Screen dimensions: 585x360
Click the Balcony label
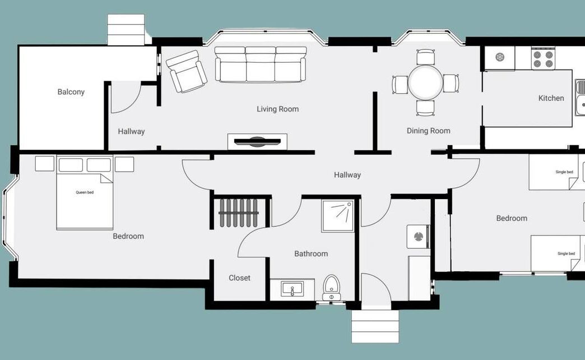click(x=71, y=92)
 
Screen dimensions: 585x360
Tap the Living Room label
click(x=277, y=109)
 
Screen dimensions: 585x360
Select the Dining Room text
click(x=428, y=131)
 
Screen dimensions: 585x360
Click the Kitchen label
click(x=551, y=98)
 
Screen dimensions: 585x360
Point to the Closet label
click(x=239, y=278)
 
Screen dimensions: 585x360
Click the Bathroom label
click(x=311, y=254)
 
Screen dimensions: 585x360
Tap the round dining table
click(x=425, y=82)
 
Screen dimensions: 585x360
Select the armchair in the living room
click(x=186, y=71)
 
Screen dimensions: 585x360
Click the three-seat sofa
click(x=261, y=64)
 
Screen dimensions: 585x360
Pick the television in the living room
click(x=257, y=141)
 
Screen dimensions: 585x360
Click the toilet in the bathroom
click(x=331, y=288)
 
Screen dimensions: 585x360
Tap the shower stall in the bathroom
click(x=338, y=216)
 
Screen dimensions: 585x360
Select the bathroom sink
click(x=292, y=289)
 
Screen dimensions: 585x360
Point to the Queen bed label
click(x=85, y=192)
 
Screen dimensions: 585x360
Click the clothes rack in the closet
click(x=238, y=213)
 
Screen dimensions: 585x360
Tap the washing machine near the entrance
click(x=419, y=236)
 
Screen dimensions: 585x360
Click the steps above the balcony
click(x=126, y=30)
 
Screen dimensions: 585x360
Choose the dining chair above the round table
click(x=425, y=57)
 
